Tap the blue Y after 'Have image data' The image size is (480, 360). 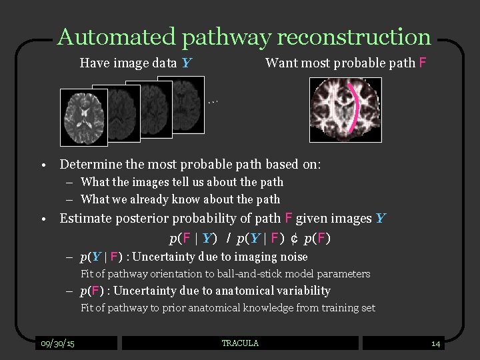pyautogui.click(x=187, y=64)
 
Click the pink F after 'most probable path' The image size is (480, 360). pyautogui.click(x=422, y=63)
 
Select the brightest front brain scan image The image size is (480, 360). pyautogui.click(x=83, y=117)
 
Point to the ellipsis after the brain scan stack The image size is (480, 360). pyautogui.click(x=213, y=102)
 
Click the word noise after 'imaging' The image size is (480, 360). pyautogui.click(x=295, y=257)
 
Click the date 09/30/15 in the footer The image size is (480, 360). pyautogui.click(x=57, y=343)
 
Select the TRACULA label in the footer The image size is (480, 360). pyautogui.click(x=240, y=343)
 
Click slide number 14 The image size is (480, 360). pyautogui.click(x=435, y=344)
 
